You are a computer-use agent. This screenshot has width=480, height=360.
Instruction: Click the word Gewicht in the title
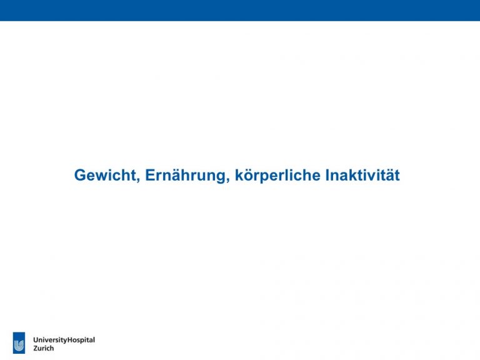pos(105,176)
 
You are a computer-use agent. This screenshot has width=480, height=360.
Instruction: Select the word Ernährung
pos(186,176)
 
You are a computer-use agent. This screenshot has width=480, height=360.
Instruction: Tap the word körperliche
pos(277,175)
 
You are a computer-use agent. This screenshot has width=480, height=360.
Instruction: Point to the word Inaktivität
pos(362,175)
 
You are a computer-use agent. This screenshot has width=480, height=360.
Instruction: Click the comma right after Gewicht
pos(137,180)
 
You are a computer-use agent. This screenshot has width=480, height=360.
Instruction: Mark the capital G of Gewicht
pos(81,175)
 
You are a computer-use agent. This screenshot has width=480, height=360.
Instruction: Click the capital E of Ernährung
pos(150,175)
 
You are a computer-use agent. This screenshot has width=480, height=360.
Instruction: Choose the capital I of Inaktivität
pos(327,175)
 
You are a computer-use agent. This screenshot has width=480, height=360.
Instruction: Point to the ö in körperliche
pos(250,176)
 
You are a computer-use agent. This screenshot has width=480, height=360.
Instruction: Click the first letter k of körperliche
pos(240,175)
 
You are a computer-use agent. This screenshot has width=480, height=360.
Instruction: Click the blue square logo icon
pos(19,343)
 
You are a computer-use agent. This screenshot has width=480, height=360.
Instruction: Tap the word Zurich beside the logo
pos(44,348)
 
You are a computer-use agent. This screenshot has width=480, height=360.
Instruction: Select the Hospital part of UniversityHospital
pos(81,341)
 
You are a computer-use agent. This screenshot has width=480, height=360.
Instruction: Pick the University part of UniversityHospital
pos(50,341)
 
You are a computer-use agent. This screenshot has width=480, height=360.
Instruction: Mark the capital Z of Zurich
pos(36,348)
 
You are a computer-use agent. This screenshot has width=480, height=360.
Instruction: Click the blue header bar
pos(240,11)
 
